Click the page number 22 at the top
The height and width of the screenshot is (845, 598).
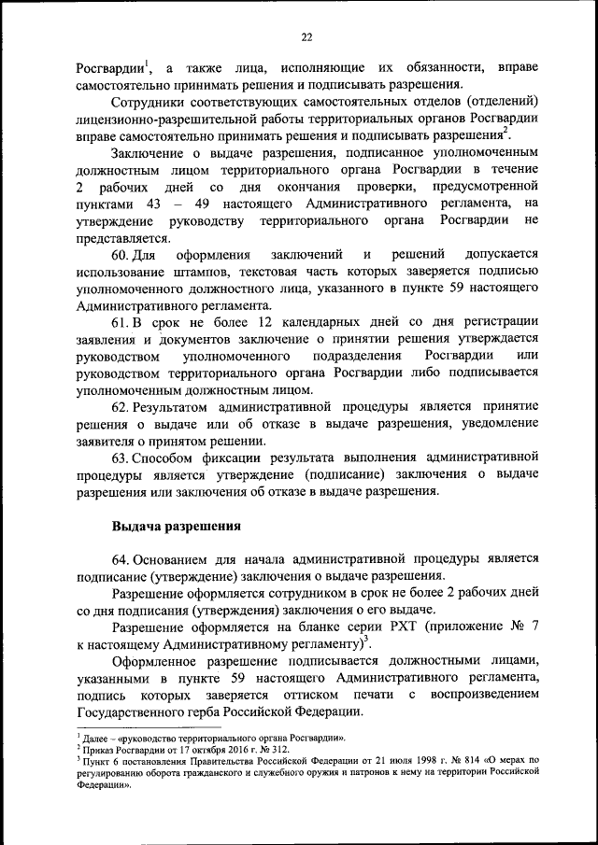click(306, 37)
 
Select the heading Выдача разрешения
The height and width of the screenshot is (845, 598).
click(177, 526)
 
